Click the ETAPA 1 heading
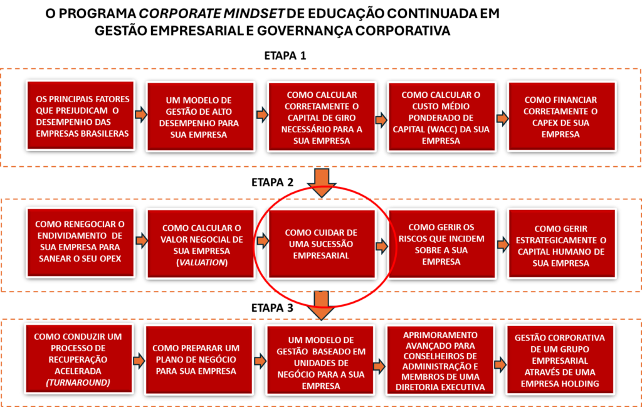point(285,55)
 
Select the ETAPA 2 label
point(272,182)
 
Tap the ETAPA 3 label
point(272,308)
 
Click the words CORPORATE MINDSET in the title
point(211,14)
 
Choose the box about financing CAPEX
point(562,117)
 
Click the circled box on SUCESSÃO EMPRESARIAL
point(322,244)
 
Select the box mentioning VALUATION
point(201,244)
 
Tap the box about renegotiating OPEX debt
point(80,243)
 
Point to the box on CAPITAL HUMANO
point(562,244)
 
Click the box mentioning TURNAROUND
point(78,359)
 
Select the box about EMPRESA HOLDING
point(560,360)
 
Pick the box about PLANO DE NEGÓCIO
point(199,360)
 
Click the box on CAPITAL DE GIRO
point(322,117)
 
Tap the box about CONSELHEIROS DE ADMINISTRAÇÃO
point(440,361)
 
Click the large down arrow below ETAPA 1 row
point(322,182)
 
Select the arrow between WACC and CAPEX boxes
point(502,119)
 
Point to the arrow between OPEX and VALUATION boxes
point(142,240)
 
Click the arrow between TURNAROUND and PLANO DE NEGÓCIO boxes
point(139,361)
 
